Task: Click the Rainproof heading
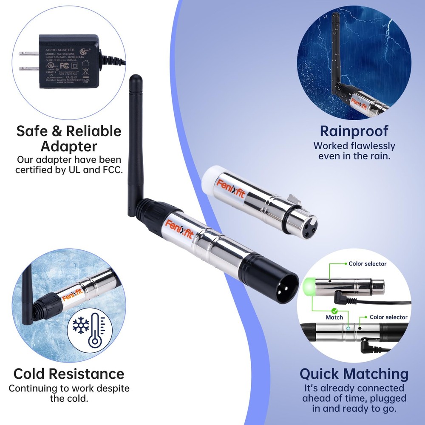click(x=354, y=130)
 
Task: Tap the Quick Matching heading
click(x=354, y=374)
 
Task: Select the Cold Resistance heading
click(x=69, y=374)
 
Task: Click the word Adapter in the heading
click(x=69, y=147)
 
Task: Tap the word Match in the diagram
click(x=334, y=317)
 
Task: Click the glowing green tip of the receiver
click(x=309, y=283)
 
